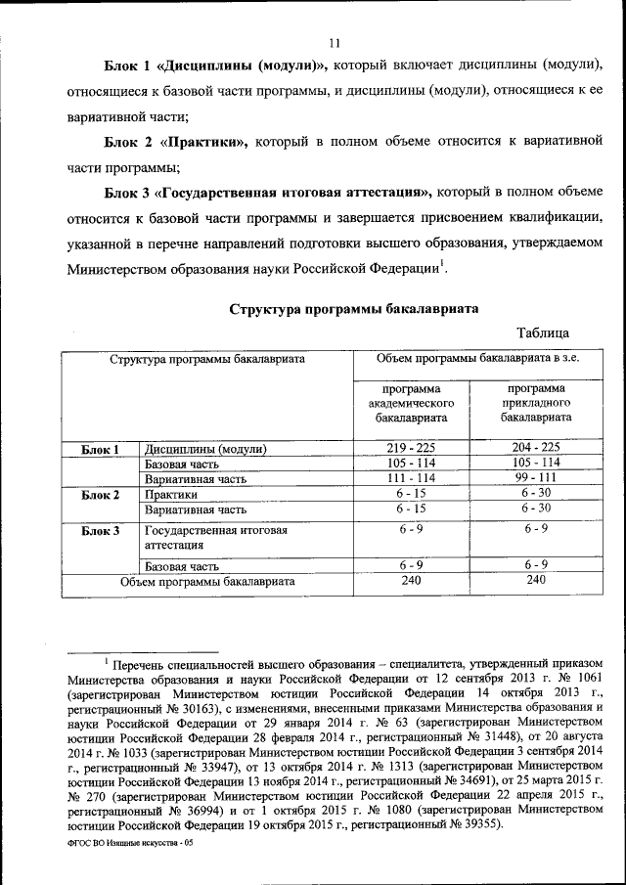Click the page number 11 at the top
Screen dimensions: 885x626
tap(334, 42)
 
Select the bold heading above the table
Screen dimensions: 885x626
tap(354, 309)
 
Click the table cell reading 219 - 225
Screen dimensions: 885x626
tap(411, 448)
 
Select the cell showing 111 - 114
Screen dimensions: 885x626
tap(411, 478)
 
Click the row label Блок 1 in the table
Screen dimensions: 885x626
tap(101, 450)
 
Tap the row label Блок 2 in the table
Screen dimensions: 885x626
tap(101, 495)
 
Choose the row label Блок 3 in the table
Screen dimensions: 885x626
tap(101, 531)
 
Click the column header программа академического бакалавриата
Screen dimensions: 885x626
tap(411, 403)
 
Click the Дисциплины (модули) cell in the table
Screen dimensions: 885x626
tap(205, 450)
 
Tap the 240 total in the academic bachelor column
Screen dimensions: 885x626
tap(411, 581)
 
